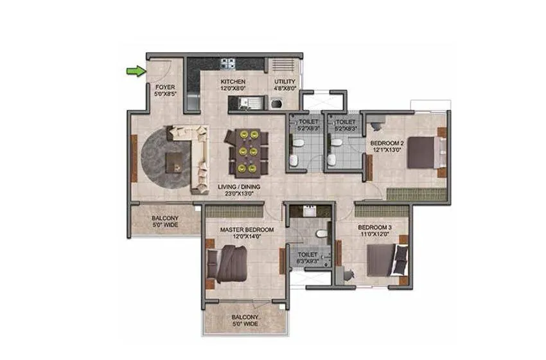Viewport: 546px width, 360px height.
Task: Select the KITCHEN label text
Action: point(232,82)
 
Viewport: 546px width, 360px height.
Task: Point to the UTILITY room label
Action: point(285,82)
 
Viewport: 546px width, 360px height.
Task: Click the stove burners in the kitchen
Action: point(227,64)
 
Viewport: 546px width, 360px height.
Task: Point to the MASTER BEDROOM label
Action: point(247,230)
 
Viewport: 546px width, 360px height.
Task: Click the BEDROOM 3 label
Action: point(375,228)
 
